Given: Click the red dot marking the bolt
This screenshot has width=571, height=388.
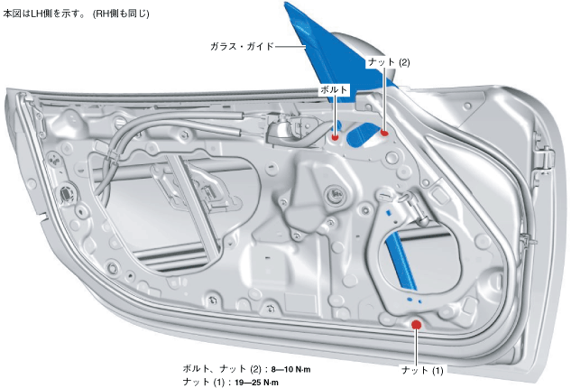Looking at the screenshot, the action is coord(336,138).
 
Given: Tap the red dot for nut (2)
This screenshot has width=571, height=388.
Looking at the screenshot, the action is coord(384,134).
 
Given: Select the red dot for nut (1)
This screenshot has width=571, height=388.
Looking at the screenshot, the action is coord(416,325).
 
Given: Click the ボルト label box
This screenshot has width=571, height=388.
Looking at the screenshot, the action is coord(334,90).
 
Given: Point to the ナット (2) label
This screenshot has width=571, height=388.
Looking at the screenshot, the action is coord(389,62).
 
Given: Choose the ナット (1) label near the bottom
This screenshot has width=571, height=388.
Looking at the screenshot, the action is coord(422,371).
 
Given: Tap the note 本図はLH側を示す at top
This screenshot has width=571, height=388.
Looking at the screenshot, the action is coord(46,14).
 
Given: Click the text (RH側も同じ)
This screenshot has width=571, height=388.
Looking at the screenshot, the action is coord(121,14).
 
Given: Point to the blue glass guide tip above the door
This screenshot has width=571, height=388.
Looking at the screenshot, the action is coord(294,13).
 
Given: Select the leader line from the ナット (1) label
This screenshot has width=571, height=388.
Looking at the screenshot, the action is coord(417,347).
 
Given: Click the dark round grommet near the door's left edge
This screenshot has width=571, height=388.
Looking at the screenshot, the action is coord(68,192).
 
